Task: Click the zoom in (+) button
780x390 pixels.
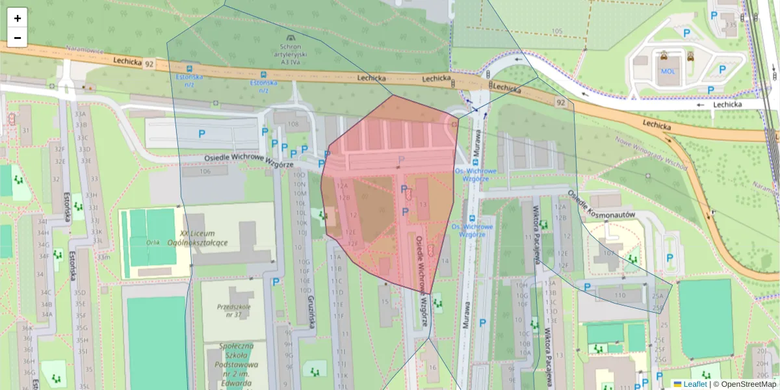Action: pyautogui.click(x=18, y=18)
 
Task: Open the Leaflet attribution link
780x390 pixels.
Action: pyautogui.click(x=694, y=384)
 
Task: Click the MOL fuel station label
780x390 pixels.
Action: pyautogui.click(x=668, y=71)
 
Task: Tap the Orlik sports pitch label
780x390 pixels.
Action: pyautogui.click(x=153, y=242)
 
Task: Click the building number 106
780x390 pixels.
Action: pyautogui.click(x=205, y=172)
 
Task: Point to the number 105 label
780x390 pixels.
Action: pyautogui.click(x=556, y=31)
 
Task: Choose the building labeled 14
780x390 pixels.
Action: pyautogui.click(x=445, y=262)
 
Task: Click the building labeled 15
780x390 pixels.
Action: pyautogui.click(x=385, y=301)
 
